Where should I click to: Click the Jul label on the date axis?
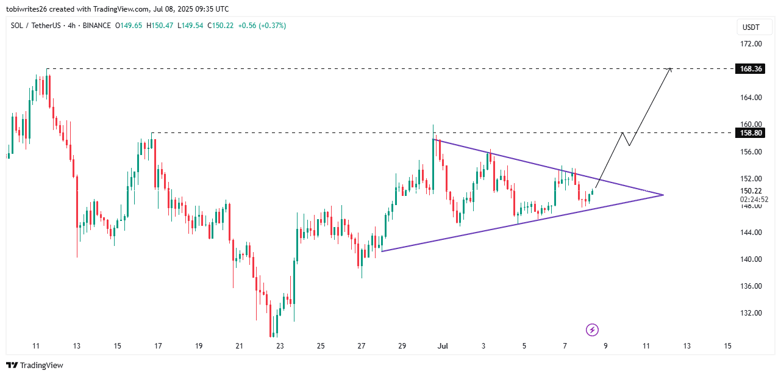click(443, 346)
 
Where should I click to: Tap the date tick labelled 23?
click(280, 346)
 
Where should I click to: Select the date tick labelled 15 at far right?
click(727, 346)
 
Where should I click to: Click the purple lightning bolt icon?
click(592, 330)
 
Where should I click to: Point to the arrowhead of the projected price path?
click(671, 68)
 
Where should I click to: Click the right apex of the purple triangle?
click(663, 195)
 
